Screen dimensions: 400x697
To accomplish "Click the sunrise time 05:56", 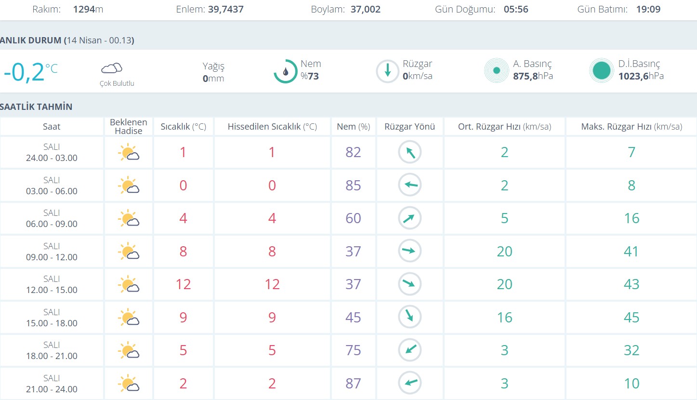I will pos(516,9).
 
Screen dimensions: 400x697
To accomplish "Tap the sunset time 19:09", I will pos(648,9).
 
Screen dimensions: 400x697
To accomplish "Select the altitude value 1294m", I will pos(88,9).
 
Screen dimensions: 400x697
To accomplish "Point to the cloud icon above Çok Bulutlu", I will pos(112,68).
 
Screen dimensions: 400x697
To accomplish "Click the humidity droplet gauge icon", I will pos(286,71).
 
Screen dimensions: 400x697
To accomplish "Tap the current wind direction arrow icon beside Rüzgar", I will pos(387,71).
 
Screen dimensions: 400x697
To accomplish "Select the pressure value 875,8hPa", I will pos(533,76).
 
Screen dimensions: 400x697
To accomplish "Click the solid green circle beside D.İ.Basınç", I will pos(601,71).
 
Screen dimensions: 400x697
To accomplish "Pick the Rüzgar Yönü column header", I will pos(409,127).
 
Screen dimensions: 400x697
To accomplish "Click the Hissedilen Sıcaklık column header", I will pos(272,127).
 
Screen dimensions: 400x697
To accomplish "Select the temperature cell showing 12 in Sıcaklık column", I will pos(183,284).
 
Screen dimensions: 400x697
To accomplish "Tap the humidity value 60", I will pos(353,218).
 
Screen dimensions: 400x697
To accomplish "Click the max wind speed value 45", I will pos(631,318).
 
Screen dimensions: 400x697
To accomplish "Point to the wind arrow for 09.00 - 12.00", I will pos(409,251).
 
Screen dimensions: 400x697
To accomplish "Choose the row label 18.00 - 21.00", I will pos(52,356).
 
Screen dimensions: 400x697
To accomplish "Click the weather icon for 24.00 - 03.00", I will pos(128,153).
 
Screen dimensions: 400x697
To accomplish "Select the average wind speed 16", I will pos(504,318).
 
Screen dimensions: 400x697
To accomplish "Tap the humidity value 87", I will pos(353,384).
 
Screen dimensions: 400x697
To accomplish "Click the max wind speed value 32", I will pos(631,350).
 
